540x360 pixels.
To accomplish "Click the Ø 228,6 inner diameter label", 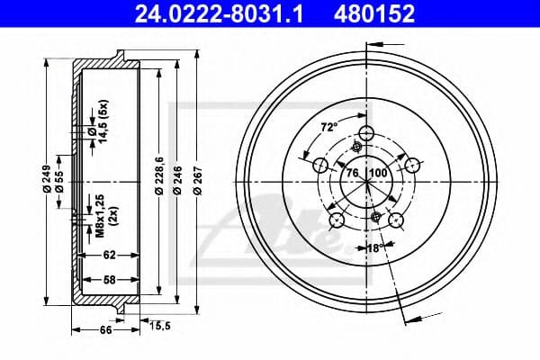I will point(159,175).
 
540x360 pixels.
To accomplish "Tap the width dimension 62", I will point(108,255).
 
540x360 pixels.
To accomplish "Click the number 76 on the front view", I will point(352,172).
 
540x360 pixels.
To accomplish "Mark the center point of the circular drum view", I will point(367,180).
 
